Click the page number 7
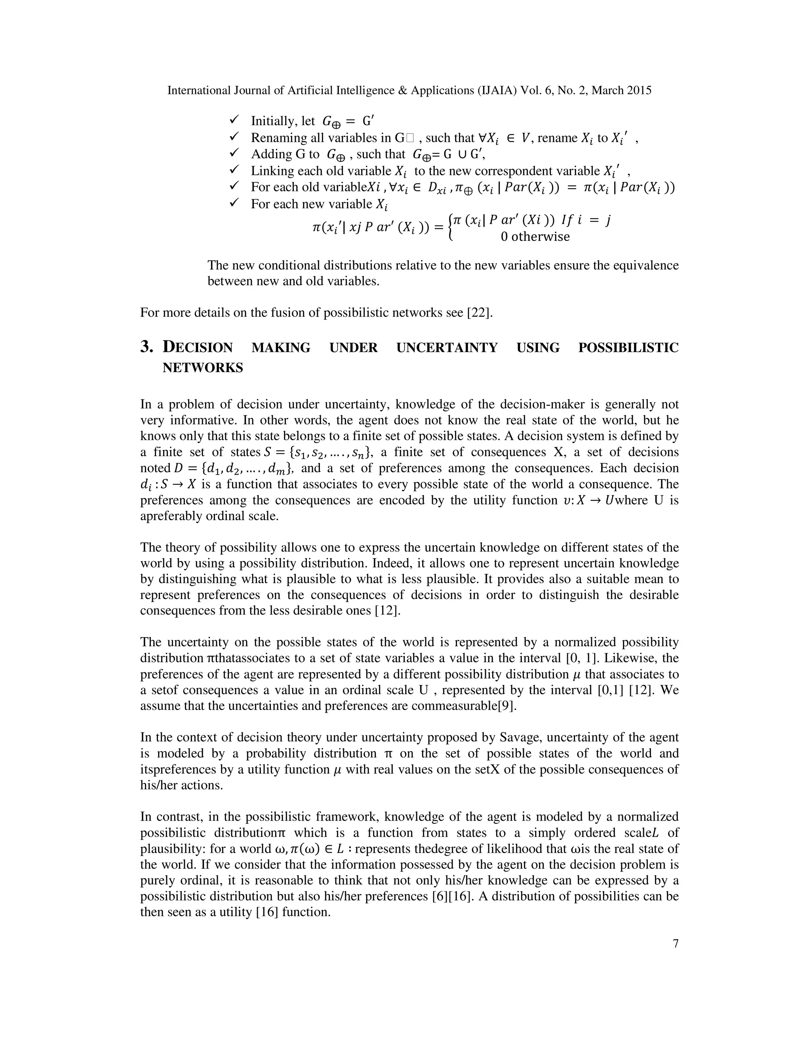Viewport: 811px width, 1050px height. pyautogui.click(x=676, y=944)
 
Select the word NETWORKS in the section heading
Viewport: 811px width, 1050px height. pyautogui.click(x=202, y=368)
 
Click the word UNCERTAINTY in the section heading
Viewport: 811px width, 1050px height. pyautogui.click(x=447, y=347)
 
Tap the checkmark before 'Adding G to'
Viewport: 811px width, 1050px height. pyautogui.click(x=234, y=153)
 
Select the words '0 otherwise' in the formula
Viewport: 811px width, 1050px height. pyautogui.click(x=535, y=237)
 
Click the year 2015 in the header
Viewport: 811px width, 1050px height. pyautogui.click(x=639, y=90)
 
